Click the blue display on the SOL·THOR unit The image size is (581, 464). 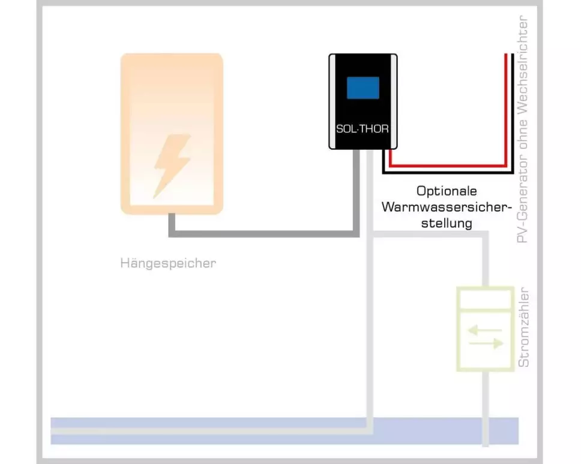tap(363, 88)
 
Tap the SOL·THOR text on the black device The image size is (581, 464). tap(363, 129)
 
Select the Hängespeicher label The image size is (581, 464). tap(168, 263)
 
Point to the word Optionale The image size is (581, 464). tap(447, 191)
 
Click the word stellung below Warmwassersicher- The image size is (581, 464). tap(447, 223)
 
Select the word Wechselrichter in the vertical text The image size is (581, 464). tap(524, 65)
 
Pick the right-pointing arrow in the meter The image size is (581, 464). tap(485, 344)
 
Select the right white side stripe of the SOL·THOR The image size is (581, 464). tap(394, 101)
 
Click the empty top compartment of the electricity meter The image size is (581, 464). tap(485, 299)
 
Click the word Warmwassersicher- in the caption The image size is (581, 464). tap(447, 207)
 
